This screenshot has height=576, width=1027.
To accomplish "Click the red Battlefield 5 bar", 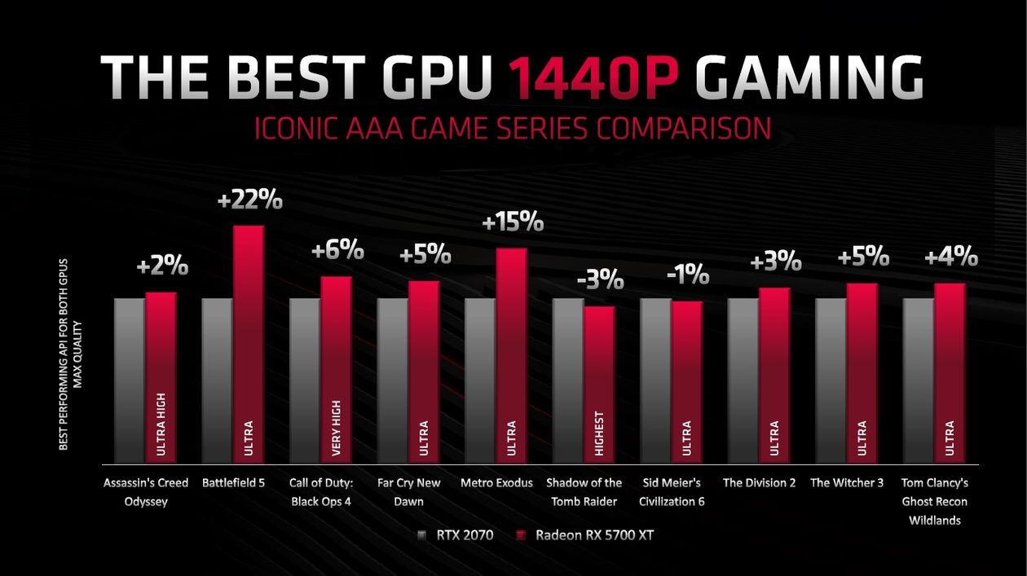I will tap(249, 342).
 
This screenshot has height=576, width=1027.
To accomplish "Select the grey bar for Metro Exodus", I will tap(480, 380).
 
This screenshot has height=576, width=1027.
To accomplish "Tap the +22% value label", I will tap(250, 200).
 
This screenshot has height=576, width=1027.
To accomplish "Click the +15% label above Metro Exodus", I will tap(513, 222).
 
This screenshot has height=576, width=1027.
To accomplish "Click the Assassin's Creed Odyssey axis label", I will tap(146, 492).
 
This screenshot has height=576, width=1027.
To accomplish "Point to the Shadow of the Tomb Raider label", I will tap(584, 492).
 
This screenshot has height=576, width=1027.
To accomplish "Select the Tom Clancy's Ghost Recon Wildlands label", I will tap(934, 501).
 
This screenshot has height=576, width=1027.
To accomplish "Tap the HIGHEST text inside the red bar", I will tap(600, 432).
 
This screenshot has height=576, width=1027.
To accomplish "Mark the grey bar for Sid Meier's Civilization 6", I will tap(655, 380).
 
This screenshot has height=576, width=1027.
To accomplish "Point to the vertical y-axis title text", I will tap(70, 354).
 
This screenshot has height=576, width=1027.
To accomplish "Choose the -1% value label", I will tap(687, 275).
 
